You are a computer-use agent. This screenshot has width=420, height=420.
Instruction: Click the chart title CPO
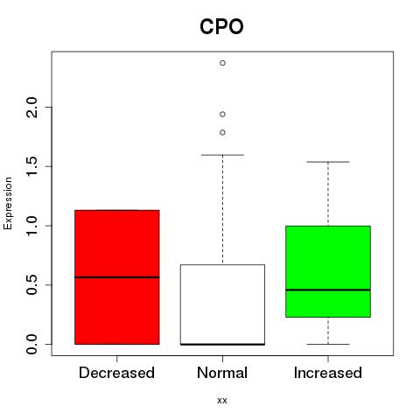[221, 27]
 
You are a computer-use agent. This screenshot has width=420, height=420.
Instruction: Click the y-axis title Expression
[8, 203]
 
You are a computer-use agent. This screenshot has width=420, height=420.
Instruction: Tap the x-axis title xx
[222, 400]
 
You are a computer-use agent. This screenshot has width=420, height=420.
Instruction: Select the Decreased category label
[116, 373]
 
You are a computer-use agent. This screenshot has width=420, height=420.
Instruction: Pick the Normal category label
[222, 373]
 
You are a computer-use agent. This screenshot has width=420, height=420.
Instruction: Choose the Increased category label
[328, 373]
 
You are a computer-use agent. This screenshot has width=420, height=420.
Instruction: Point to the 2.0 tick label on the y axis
[31, 108]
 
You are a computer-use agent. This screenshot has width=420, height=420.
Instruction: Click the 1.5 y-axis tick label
[31, 166]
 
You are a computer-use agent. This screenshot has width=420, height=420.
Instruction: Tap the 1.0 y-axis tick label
[31, 226]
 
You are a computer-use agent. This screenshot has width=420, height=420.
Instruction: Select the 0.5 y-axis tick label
[31, 285]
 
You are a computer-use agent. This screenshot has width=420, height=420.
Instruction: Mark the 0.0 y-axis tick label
[31, 344]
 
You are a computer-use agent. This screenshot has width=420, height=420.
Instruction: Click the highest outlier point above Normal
[222, 63]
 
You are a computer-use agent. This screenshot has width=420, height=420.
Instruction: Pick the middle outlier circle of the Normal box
[222, 115]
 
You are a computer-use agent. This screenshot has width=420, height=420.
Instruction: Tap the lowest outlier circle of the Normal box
[222, 133]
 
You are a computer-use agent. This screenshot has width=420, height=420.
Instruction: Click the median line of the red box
[117, 277]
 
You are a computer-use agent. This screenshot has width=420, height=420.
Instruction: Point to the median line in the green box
[328, 290]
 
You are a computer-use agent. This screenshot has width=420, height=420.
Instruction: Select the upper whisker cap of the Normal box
[222, 155]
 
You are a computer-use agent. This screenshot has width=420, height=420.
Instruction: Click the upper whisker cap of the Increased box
[328, 162]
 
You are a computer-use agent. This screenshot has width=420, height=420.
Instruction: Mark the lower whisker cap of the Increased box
[328, 344]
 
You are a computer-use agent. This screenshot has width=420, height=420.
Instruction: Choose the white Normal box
[222, 304]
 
